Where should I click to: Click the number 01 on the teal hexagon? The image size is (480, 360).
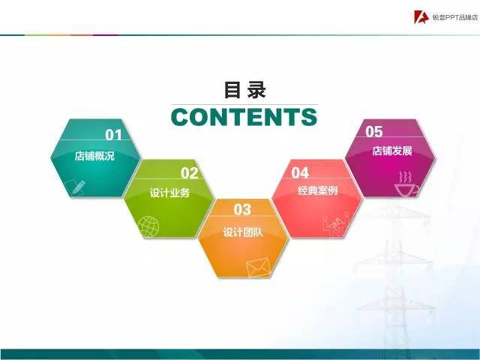pyautogui.click(x=113, y=135)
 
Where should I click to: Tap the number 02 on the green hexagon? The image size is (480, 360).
pyautogui.click(x=189, y=174)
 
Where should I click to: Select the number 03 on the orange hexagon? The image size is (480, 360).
pyautogui.click(x=242, y=209)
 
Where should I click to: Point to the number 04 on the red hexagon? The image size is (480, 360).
pyautogui.click(x=300, y=173)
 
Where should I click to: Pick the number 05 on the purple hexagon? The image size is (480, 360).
pyautogui.click(x=373, y=132)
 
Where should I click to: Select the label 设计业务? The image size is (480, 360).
pyautogui.click(x=169, y=193)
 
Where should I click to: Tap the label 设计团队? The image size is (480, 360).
pyautogui.click(x=243, y=231)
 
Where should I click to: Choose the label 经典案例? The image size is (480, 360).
pyautogui.click(x=317, y=190)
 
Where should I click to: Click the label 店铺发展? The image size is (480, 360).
pyautogui.click(x=392, y=151)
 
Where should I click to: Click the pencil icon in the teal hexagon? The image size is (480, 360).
pyautogui.click(x=76, y=187)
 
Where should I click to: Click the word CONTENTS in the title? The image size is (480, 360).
pyautogui.click(x=244, y=118)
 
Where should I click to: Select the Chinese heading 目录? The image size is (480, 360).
pyautogui.click(x=244, y=90)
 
